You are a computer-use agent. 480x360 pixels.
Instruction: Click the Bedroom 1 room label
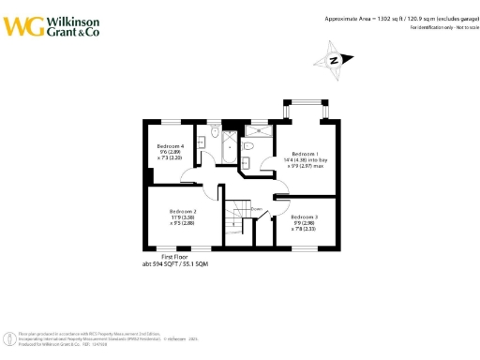click(304, 153)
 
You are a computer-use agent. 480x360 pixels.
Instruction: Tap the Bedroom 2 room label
click(182, 212)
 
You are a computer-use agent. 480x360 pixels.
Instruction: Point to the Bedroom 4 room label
click(170, 147)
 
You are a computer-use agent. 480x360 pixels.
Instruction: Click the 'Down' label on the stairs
click(241, 211)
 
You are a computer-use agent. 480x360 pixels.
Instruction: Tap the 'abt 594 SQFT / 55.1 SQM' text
click(169, 264)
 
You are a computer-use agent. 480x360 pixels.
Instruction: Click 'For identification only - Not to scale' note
click(442, 28)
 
